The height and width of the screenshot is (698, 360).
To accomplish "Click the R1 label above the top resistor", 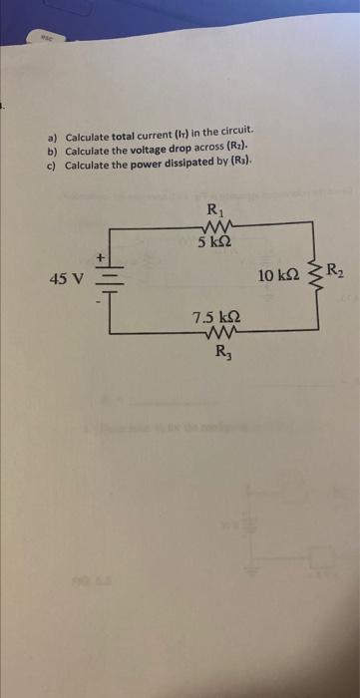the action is click(214, 209).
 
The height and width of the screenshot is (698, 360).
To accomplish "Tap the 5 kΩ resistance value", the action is click(215, 241).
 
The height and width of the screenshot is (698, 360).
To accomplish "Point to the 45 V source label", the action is click(66, 278).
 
